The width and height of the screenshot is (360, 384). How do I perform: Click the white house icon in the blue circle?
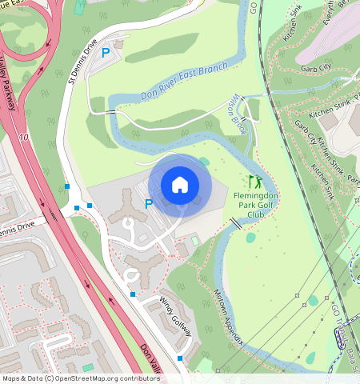(x=180, y=185)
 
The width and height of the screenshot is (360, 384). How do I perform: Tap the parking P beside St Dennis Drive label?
(x=106, y=54)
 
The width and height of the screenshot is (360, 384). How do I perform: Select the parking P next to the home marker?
(x=148, y=204)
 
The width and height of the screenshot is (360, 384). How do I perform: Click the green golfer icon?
(x=254, y=182)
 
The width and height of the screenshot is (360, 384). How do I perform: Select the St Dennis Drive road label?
(x=82, y=61)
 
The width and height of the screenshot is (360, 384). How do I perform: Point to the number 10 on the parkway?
(x=25, y=138)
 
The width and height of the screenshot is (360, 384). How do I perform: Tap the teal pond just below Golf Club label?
(x=251, y=237)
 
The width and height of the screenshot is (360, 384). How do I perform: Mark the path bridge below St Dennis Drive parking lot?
(x=112, y=113)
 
